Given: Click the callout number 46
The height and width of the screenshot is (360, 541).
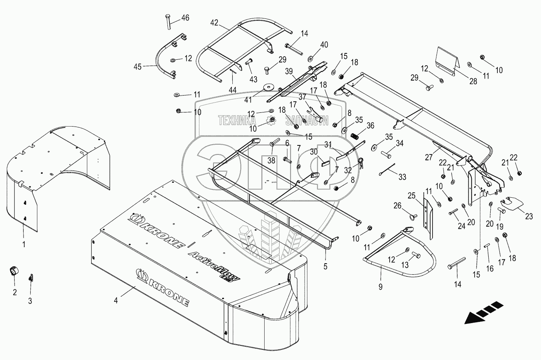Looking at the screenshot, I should (185, 18).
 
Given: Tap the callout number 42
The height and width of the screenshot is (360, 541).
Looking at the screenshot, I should (213, 22).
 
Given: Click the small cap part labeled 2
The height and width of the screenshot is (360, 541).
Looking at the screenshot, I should (14, 271).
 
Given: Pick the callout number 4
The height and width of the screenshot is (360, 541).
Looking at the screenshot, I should (116, 301).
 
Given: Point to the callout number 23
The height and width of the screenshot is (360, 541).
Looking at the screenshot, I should (529, 216).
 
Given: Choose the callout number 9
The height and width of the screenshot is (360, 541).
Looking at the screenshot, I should (380, 287).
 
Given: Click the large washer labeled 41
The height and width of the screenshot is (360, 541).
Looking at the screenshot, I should (269, 86).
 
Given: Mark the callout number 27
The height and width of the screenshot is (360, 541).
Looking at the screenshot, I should (429, 158).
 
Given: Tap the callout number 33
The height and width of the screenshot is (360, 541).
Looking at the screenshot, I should (402, 178).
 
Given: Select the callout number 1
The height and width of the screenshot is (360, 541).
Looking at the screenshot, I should (24, 244).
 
